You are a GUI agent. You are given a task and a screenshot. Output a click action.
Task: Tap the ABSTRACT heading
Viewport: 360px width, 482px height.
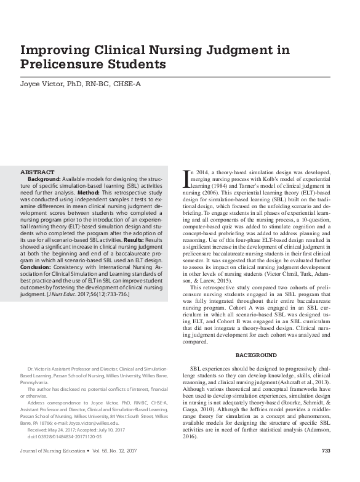[38, 172]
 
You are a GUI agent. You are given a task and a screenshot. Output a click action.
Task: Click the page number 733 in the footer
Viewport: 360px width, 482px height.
[326, 468]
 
